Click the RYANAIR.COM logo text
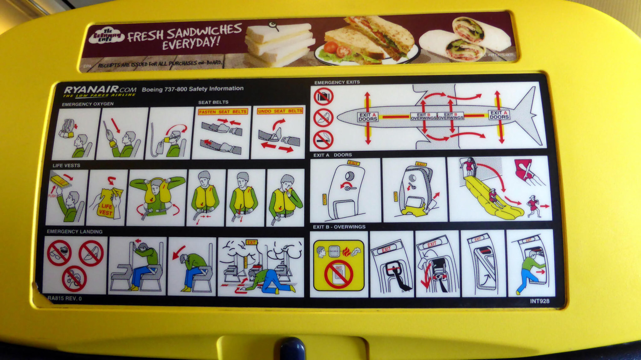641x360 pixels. pos(100,90)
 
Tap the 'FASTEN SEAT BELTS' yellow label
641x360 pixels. pos(223,111)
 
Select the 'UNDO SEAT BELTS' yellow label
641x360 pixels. pos(280,111)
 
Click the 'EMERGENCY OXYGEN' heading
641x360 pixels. pos(88,104)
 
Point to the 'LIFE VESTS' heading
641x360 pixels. pos(66,165)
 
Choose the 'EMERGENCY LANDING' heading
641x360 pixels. pos(74,231)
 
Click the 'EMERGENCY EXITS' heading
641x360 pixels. pos(337,82)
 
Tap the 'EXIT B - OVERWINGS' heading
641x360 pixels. pos(339,227)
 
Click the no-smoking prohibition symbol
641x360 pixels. pos(323,139)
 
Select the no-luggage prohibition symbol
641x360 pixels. pos(323,97)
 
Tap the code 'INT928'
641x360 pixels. pos(539,301)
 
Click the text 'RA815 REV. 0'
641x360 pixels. pos(65,299)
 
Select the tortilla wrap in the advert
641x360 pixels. pos(466,40)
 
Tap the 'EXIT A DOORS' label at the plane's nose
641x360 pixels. pos(368,117)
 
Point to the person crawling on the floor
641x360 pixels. pos(265,280)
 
